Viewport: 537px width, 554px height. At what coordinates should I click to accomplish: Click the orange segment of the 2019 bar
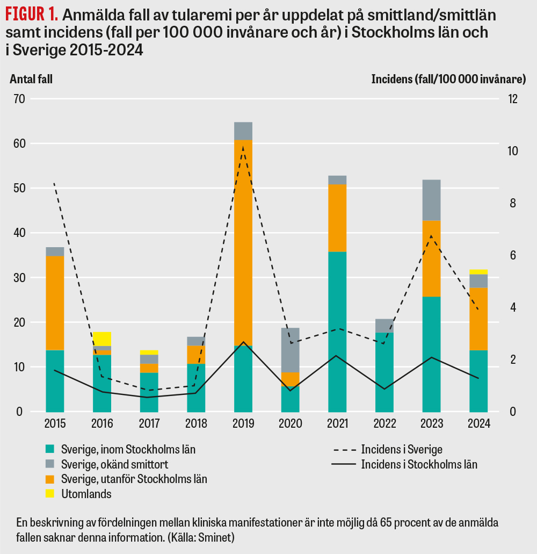click(243, 242)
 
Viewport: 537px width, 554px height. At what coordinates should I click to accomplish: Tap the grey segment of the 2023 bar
click(431, 200)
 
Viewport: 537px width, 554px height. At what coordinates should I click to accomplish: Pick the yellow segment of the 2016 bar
click(102, 339)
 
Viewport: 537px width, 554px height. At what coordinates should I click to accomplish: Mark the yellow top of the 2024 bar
click(478, 272)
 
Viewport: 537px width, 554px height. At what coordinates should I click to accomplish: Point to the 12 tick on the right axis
click(513, 99)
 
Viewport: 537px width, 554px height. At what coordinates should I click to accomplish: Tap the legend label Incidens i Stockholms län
click(419, 464)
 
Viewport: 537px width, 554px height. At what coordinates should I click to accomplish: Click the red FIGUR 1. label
click(32, 13)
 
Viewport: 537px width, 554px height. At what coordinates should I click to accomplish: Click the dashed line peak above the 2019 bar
click(243, 147)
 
